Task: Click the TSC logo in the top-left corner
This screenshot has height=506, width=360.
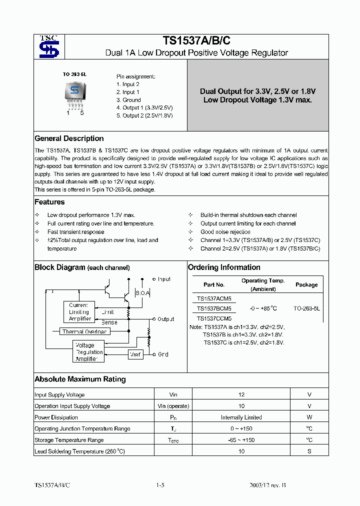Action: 49,46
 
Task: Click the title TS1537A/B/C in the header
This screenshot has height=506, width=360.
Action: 196,41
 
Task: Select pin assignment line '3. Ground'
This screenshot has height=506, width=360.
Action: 128,100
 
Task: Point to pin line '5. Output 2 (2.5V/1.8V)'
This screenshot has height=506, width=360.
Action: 144,115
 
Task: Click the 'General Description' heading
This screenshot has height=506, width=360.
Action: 69,138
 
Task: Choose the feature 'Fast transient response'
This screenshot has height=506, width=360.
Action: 75,232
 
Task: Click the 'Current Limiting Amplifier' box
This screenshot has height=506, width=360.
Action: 78,311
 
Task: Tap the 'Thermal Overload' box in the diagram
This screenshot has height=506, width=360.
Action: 84,331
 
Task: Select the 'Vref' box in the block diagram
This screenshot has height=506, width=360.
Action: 135,354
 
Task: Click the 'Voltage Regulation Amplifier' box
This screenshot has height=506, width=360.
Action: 88,352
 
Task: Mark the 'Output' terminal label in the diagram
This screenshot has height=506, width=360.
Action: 165,319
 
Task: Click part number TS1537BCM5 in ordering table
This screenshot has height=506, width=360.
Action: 213,308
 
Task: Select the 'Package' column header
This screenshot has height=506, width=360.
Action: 306,284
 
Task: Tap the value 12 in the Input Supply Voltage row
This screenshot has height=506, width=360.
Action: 241,394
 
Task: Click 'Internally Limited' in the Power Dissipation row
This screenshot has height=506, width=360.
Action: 241,417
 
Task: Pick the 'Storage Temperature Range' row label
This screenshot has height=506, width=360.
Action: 69,440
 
